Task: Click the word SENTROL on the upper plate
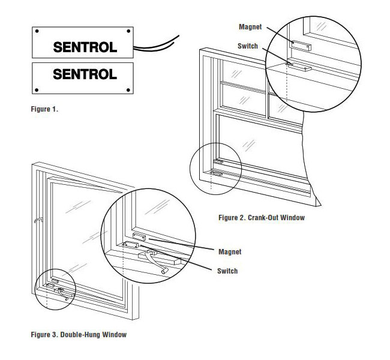85,47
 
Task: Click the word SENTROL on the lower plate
85,75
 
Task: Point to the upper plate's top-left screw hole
37,31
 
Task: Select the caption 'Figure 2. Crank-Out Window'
262,218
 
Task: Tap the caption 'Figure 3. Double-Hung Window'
79,334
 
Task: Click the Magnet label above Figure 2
250,27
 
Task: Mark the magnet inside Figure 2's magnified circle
299,44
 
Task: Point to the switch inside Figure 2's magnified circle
298,65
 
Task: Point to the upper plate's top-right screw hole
128,31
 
